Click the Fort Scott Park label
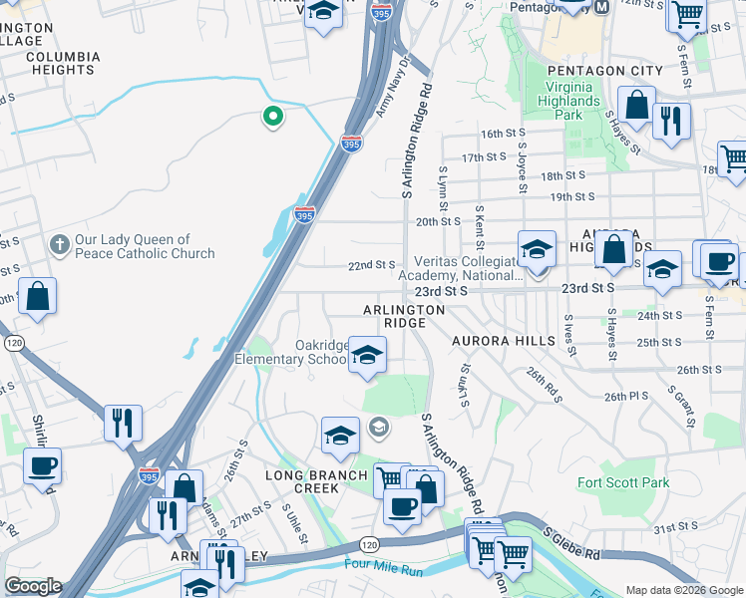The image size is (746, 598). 624,482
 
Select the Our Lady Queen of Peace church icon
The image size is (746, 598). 59,245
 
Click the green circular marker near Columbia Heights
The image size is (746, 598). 271,119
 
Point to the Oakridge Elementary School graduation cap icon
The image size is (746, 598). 367,356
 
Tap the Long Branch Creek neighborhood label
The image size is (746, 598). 316,482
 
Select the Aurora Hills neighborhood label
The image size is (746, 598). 504,341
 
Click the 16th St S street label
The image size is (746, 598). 505,134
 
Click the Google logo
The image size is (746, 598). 33,586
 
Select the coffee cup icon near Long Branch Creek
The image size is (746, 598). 402,508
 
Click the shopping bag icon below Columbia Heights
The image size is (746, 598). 37,296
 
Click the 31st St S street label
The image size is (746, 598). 676,526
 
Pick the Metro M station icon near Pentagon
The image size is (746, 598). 600,6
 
